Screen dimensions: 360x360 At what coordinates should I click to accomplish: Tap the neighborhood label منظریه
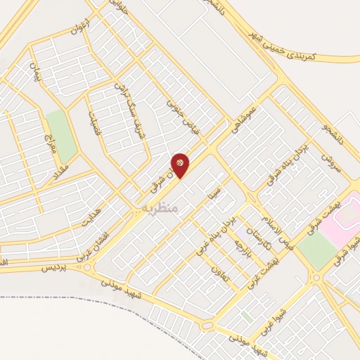[160, 209]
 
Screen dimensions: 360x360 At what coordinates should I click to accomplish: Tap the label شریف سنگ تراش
[133, 111]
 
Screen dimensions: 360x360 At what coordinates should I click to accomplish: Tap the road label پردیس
[56, 267]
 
